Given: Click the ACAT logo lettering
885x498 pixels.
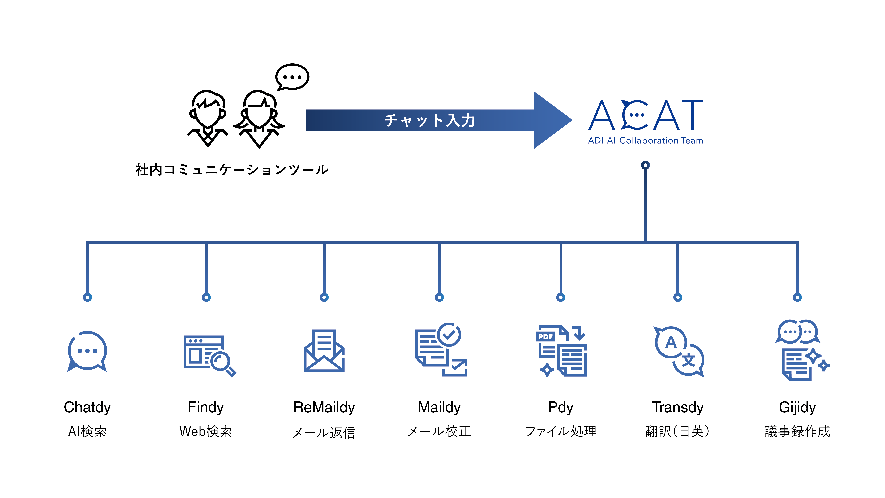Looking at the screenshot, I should pyautogui.click(x=645, y=115).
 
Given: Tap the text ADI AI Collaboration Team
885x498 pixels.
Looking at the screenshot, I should pyautogui.click(x=645, y=141).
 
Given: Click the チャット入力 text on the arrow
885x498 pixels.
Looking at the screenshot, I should pyautogui.click(x=429, y=120).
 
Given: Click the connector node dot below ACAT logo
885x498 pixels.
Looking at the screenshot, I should pyautogui.click(x=645, y=165).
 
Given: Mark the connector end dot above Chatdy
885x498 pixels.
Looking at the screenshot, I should pyautogui.click(x=87, y=297).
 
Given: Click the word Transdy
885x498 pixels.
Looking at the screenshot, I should pyautogui.click(x=677, y=407).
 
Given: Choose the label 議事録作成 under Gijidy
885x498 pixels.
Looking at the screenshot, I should pyautogui.click(x=797, y=431).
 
